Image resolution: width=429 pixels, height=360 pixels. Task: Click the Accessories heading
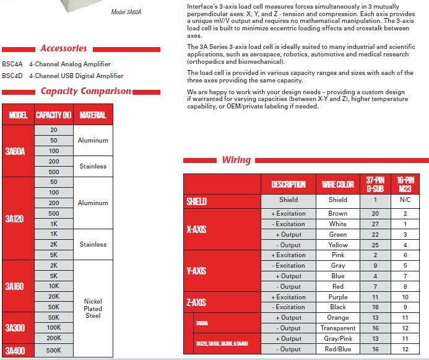[x=64, y=48]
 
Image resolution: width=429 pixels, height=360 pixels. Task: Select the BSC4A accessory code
[x=12, y=64]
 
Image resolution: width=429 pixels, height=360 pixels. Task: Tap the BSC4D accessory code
[x=12, y=76]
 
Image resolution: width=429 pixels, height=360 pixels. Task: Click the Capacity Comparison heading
[x=86, y=91]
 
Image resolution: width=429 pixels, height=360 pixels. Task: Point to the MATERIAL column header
[x=93, y=115]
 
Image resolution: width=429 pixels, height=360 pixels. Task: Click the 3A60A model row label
[x=15, y=151]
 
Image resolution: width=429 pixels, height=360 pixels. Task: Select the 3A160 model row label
[x=14, y=286]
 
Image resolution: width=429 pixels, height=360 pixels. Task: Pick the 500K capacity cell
[x=54, y=350]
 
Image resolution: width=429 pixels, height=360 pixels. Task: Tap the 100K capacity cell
[x=54, y=327]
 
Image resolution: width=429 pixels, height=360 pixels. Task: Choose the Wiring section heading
[x=236, y=160]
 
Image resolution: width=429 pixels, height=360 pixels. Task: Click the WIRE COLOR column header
[x=338, y=184]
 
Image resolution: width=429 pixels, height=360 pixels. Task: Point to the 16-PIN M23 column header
[x=405, y=184]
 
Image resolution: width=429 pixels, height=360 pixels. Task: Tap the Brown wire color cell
[x=338, y=213]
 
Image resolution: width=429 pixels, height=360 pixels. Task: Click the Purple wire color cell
[x=338, y=297]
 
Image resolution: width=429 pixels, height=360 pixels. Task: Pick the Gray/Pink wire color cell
[x=338, y=339]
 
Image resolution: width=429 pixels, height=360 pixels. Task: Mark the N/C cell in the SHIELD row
[x=405, y=200]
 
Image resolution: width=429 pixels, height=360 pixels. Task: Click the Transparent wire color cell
[x=338, y=328]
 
